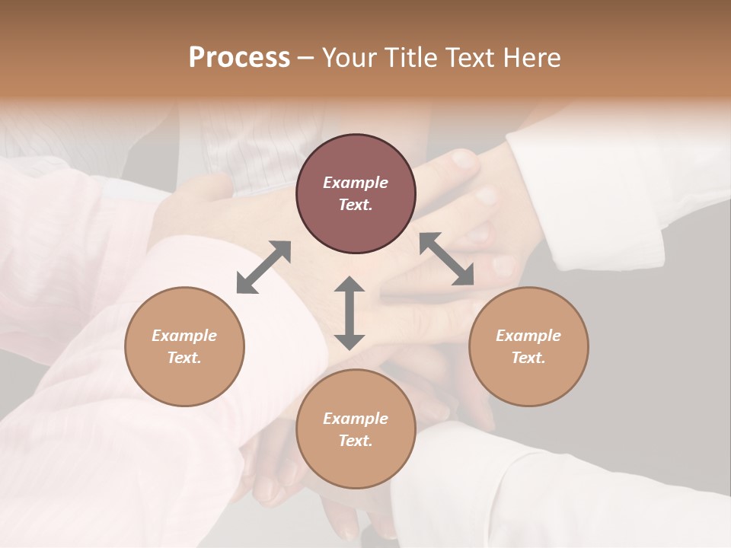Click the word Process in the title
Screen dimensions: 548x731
[239, 58]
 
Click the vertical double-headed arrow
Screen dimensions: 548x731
[350, 313]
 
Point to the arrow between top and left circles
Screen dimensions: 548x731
[263, 267]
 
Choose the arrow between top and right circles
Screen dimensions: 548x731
[447, 259]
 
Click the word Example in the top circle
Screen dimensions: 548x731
[356, 183]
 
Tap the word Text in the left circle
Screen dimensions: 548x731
[184, 358]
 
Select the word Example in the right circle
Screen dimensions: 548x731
[528, 336]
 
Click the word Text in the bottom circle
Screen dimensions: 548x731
[356, 441]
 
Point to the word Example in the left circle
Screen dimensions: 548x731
[184, 336]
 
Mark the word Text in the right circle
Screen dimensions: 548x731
[528, 358]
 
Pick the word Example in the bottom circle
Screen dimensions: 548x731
[356, 419]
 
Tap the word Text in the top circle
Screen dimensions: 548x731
[356, 205]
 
